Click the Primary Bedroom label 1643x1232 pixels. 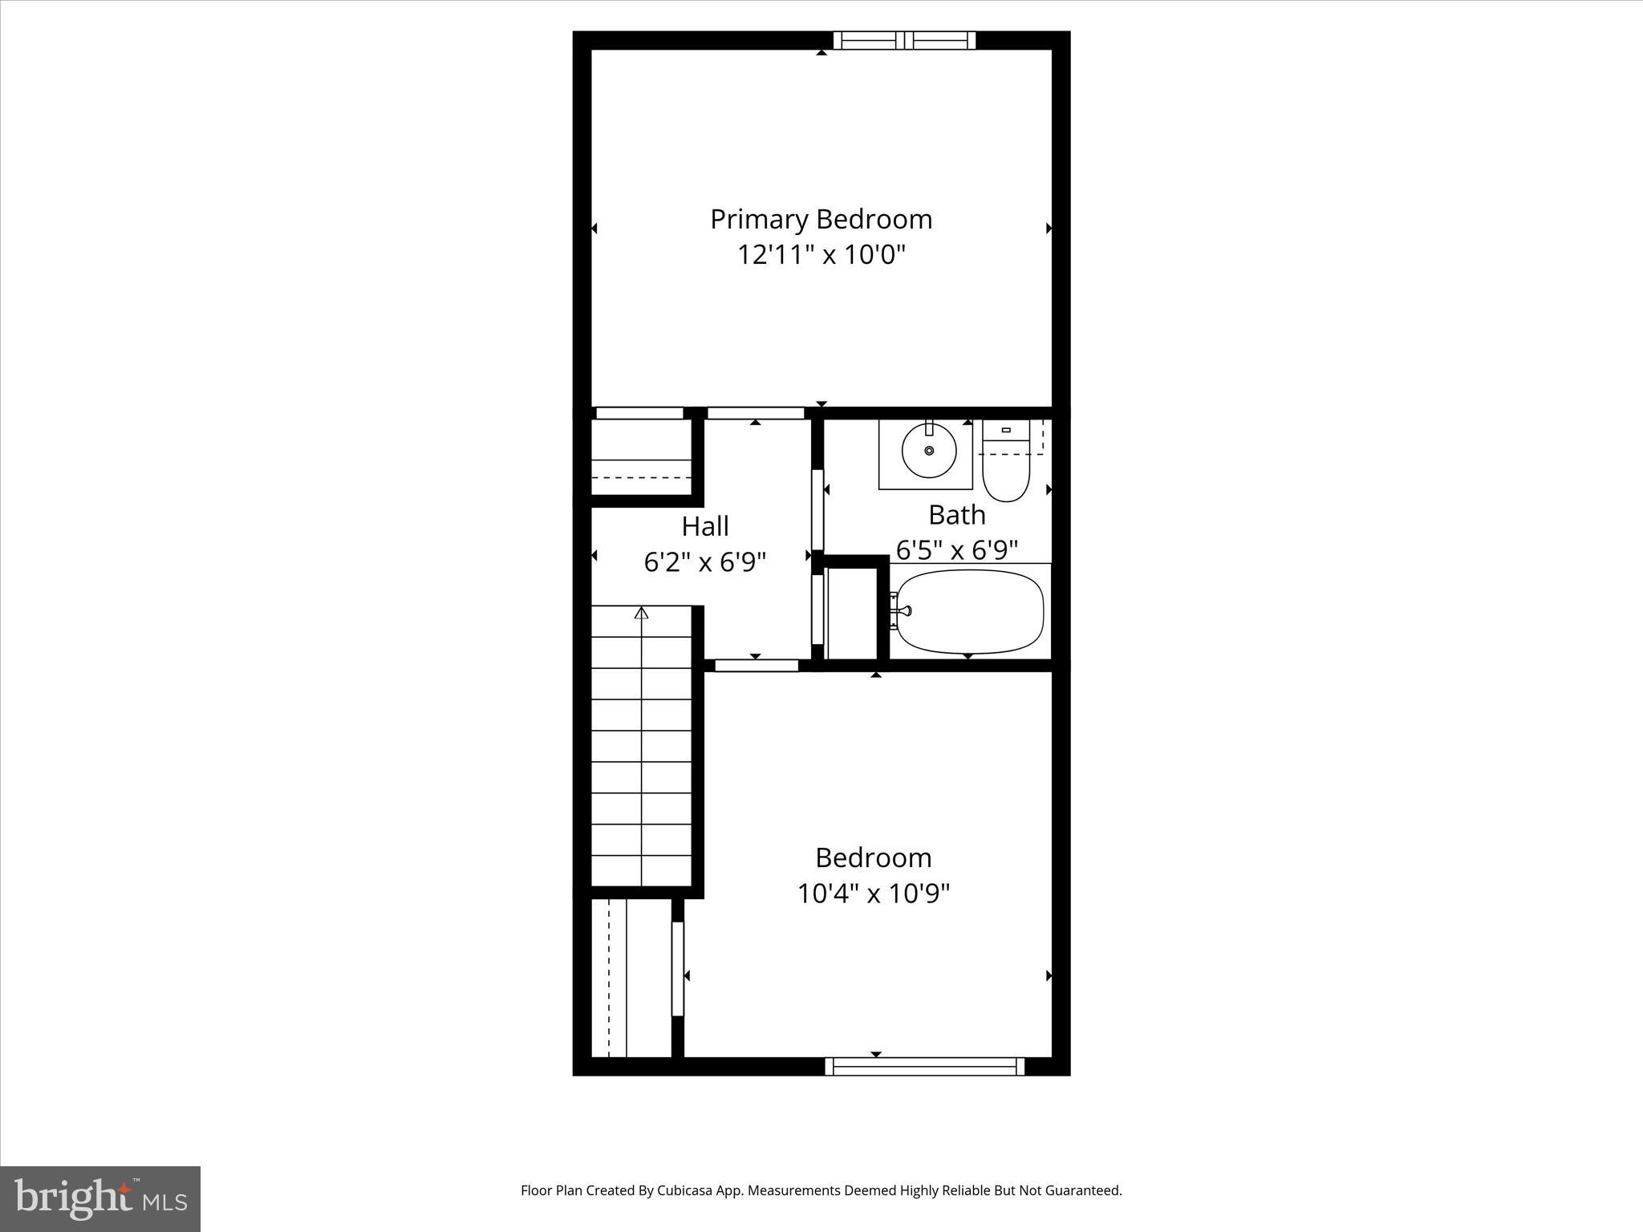click(821, 219)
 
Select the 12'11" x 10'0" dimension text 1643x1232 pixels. click(821, 255)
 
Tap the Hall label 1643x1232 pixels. click(705, 526)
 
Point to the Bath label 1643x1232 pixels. click(956, 514)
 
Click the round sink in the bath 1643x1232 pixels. click(929, 451)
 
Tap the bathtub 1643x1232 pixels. click(970, 611)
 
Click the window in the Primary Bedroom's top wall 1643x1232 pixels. click(904, 40)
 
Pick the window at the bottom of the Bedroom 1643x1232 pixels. click(924, 1066)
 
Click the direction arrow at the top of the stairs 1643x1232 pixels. click(641, 613)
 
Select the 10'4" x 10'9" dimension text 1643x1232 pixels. click(873, 894)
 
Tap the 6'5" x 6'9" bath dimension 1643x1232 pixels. click(956, 550)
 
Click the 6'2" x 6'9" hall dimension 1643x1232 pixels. click(705, 562)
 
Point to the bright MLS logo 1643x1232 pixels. click(100, 1198)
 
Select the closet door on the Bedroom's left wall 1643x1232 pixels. click(678, 969)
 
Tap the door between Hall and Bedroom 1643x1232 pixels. click(757, 665)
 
